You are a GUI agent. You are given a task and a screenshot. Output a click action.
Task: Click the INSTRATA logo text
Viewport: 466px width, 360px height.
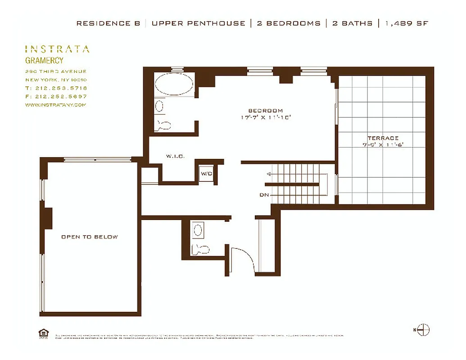click(57, 49)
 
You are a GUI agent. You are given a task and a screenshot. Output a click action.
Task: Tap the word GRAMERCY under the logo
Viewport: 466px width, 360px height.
click(44, 61)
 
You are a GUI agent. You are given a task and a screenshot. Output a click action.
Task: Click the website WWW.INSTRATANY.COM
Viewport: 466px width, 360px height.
click(55, 105)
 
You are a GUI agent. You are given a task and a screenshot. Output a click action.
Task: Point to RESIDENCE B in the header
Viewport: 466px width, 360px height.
click(108, 23)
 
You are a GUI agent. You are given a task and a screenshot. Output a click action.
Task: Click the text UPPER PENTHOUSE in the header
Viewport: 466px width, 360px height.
click(198, 23)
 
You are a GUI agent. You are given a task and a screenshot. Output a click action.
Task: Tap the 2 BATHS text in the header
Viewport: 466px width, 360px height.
click(352, 23)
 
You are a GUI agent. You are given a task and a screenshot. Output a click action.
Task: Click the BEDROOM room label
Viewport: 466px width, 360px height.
click(266, 111)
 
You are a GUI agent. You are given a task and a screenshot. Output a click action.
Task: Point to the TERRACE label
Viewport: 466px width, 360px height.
click(383, 138)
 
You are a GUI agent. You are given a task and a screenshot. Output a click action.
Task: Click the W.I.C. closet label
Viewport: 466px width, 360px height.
click(173, 157)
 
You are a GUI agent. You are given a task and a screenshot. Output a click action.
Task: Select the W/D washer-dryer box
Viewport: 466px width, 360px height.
click(207, 173)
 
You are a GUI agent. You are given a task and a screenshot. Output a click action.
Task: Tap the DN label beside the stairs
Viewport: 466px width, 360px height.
click(264, 195)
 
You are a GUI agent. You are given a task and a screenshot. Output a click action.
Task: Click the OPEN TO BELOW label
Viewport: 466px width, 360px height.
click(90, 237)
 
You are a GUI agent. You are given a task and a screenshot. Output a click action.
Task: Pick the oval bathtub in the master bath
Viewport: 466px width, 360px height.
click(174, 84)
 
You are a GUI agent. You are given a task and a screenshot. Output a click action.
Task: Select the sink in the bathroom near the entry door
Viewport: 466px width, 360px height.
click(197, 231)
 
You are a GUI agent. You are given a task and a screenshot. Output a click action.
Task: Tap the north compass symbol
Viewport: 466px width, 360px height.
click(423, 330)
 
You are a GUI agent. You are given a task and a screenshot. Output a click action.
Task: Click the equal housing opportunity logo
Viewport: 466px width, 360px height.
click(44, 333)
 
